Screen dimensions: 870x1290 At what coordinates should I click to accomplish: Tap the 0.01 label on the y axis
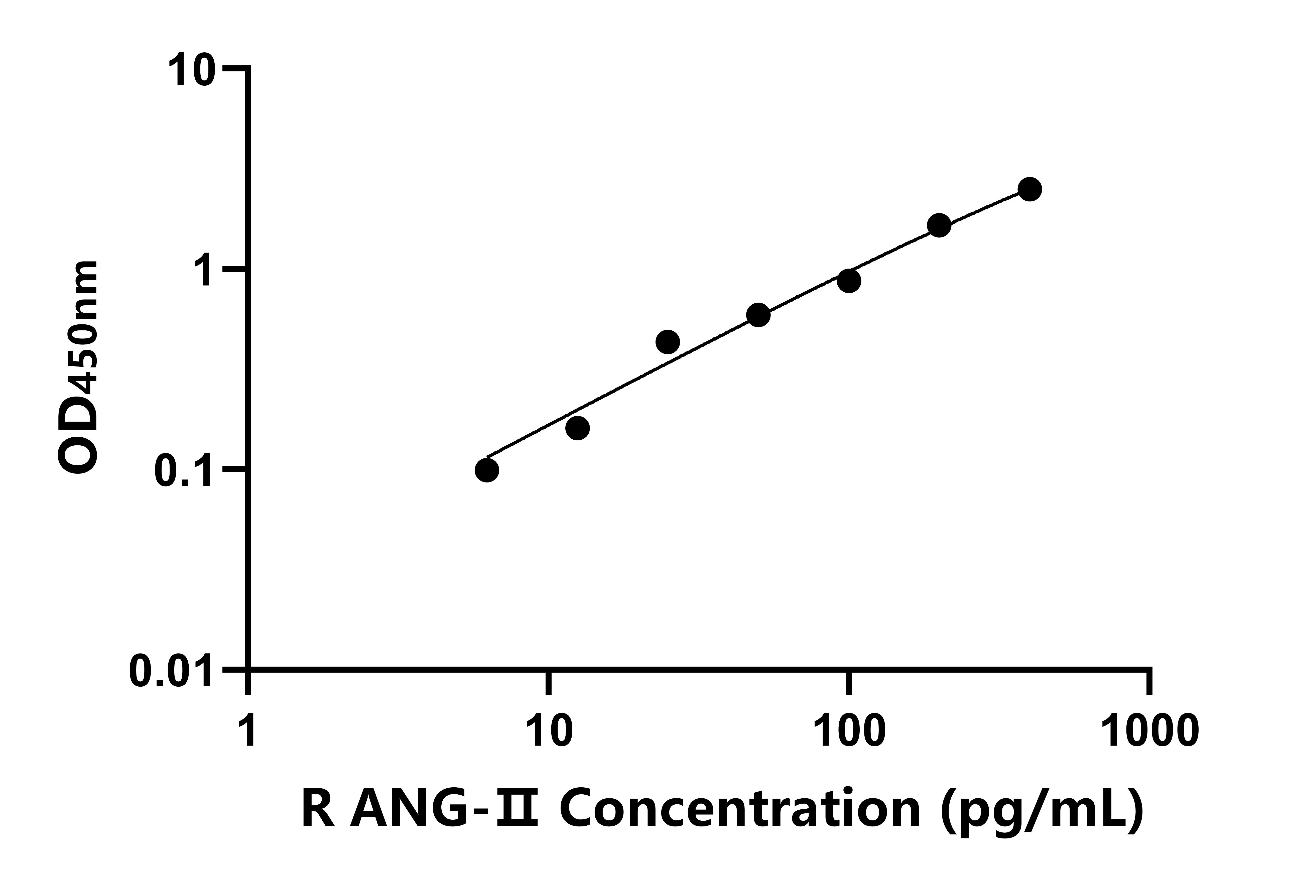(171, 671)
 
